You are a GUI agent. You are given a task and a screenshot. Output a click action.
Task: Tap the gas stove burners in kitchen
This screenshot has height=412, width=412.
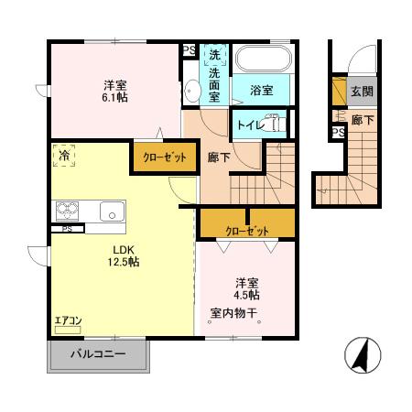(69, 211)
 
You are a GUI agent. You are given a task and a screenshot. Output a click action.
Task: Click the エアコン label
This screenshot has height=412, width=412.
(69, 320)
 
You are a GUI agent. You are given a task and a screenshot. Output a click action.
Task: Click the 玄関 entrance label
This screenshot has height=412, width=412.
(361, 92)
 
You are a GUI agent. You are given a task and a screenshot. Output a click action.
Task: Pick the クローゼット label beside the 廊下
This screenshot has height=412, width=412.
(164, 157)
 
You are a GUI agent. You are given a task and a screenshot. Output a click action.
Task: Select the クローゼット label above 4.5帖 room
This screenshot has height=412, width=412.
(247, 222)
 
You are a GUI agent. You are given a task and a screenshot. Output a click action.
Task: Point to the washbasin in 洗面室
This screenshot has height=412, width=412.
(192, 90)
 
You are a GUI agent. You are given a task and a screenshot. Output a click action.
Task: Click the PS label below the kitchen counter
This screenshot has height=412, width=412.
(67, 229)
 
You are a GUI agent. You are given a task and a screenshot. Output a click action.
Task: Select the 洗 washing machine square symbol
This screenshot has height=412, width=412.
(213, 53)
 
